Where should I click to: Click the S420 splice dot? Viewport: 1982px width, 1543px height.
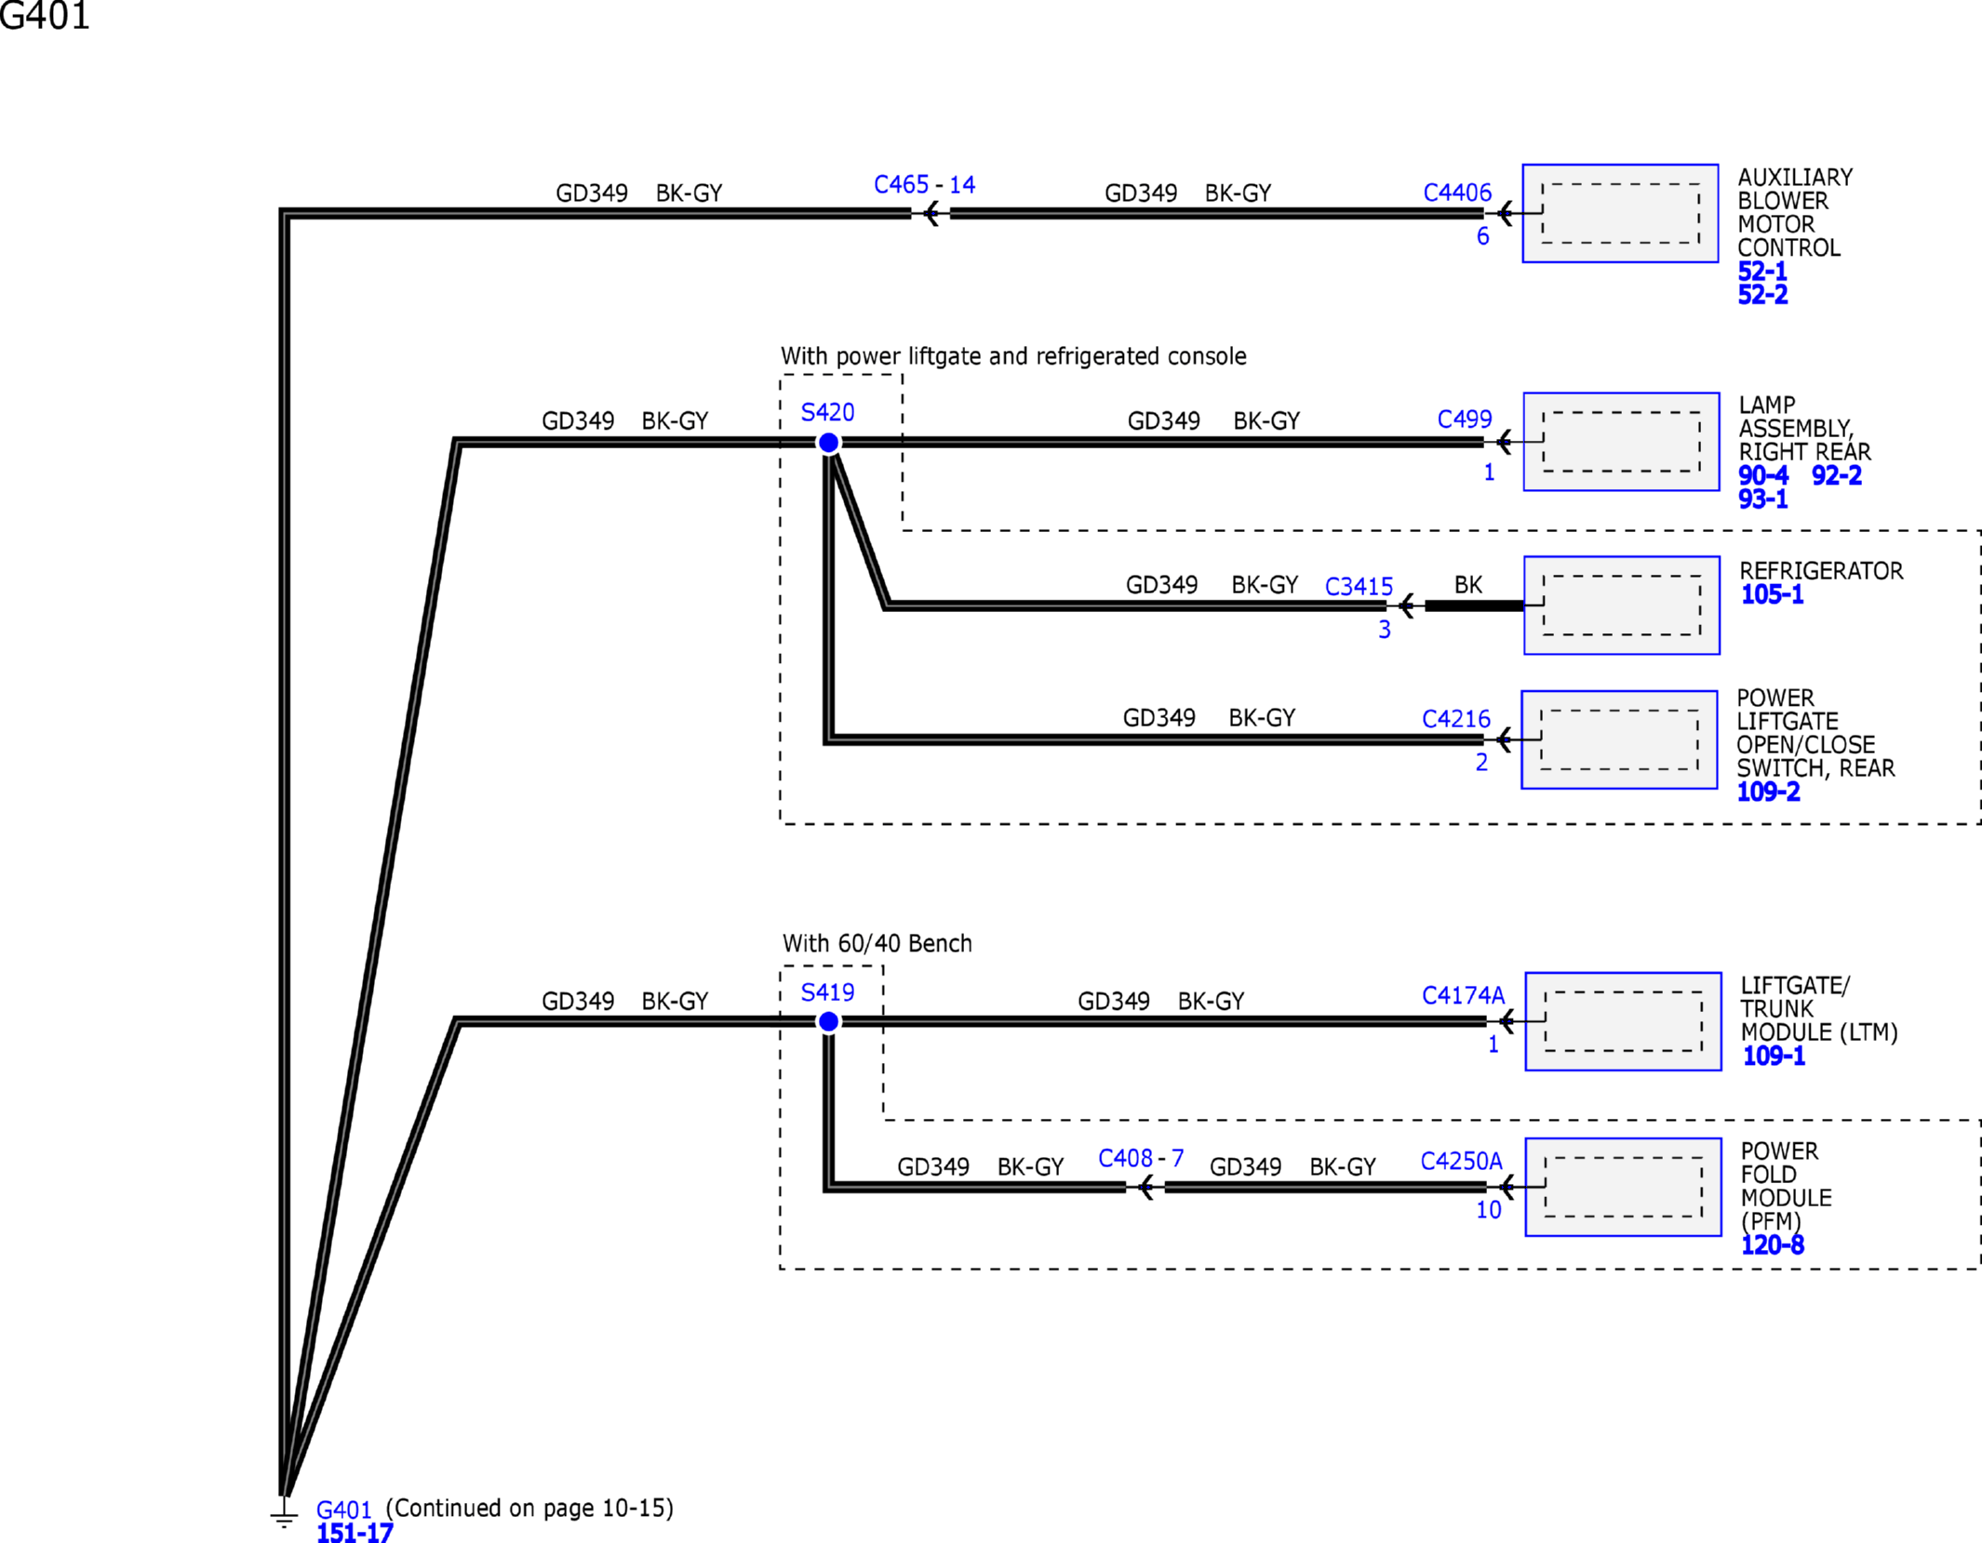[828, 443]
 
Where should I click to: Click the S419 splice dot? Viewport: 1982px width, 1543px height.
[828, 1021]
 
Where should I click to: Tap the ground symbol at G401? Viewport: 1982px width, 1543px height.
[284, 1513]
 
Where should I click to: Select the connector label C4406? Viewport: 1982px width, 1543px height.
[1457, 193]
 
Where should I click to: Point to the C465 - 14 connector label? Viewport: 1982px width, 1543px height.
[924, 184]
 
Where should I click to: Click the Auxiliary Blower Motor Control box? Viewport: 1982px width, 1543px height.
[1620, 213]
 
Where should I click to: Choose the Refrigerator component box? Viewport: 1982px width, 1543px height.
[1622, 605]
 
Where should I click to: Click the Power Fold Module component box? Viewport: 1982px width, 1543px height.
[1623, 1187]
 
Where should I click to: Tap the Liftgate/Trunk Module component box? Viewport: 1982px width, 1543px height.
[1623, 1021]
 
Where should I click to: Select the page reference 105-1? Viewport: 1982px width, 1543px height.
[1772, 594]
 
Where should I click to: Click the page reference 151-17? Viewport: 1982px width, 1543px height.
[355, 1533]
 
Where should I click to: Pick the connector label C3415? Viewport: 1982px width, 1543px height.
[1359, 587]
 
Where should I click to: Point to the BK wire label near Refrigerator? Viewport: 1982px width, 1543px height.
[1468, 585]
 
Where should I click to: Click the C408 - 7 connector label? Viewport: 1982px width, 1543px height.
[1141, 1158]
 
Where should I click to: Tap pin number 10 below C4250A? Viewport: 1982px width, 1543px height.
[1489, 1210]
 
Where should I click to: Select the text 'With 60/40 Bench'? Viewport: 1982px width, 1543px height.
[877, 943]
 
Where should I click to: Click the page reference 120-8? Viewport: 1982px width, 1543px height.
[1772, 1244]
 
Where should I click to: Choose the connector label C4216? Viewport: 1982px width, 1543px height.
[1456, 719]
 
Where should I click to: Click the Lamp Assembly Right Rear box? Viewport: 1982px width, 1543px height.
[1621, 442]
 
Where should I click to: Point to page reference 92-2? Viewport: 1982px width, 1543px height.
[1836, 475]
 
